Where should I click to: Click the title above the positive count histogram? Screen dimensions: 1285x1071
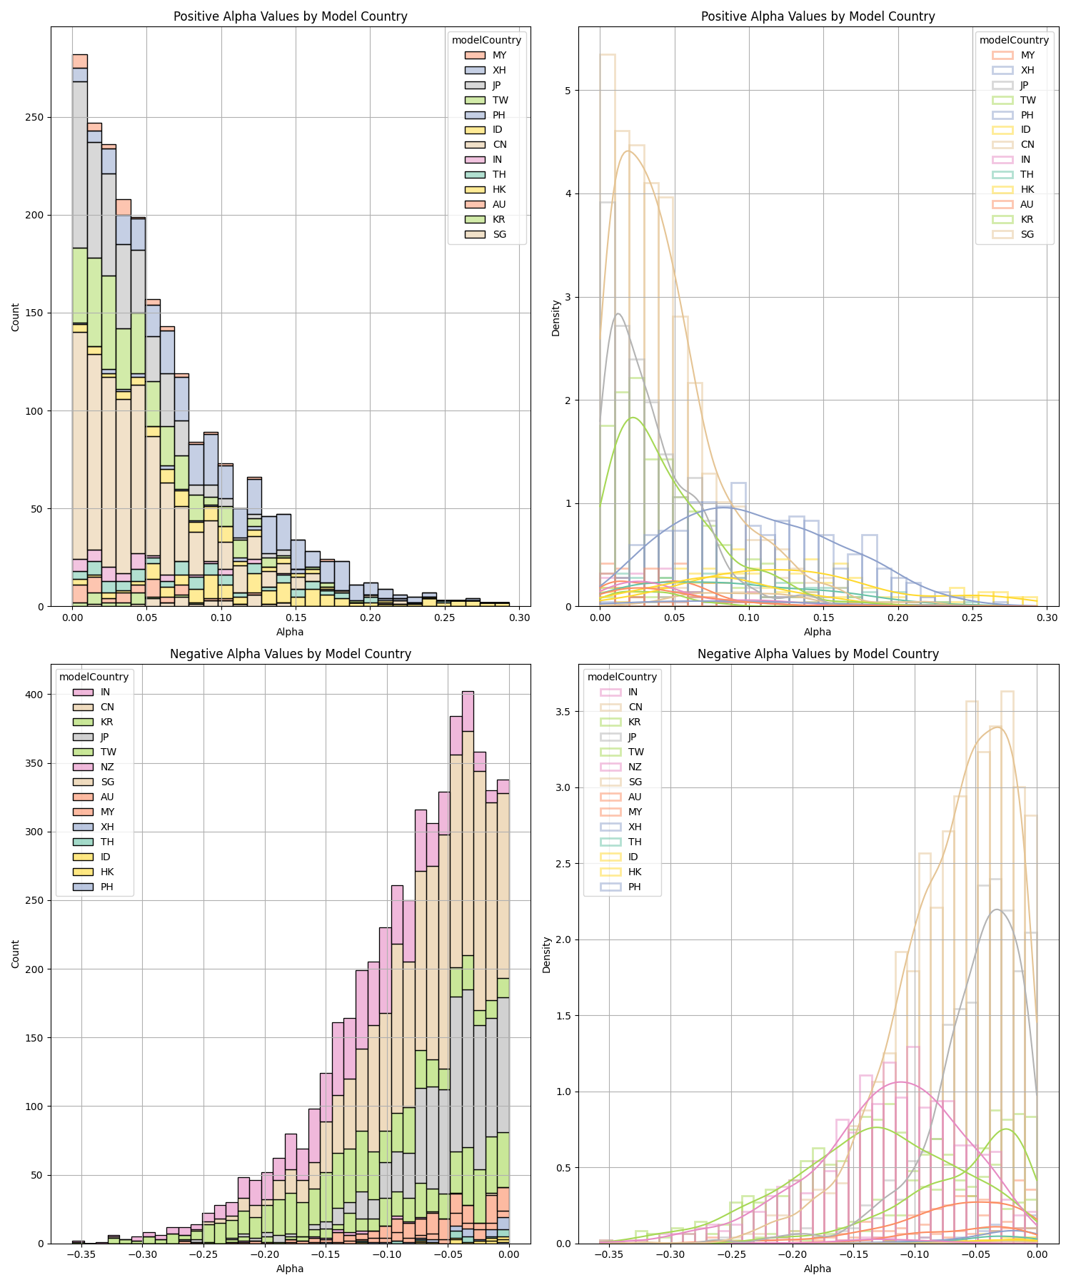coord(290,16)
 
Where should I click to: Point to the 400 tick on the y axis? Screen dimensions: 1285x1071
coord(36,694)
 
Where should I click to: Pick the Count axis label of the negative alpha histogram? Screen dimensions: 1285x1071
coord(16,954)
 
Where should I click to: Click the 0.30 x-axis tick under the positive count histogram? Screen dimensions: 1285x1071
coord(519,618)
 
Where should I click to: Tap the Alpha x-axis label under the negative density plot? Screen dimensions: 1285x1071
coord(818,1269)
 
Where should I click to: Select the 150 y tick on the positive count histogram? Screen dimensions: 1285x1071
coord(36,313)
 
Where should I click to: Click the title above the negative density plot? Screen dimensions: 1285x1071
coord(818,653)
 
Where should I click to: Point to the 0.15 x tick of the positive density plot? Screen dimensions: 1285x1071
coord(823,618)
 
